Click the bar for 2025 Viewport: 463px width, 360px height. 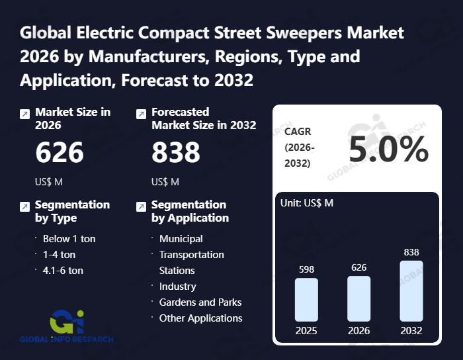pos(306,299)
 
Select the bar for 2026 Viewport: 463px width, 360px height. pos(358,298)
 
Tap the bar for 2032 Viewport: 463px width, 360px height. pos(411,291)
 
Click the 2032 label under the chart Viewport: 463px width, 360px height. pos(411,330)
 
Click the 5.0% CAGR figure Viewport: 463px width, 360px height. pos(389,151)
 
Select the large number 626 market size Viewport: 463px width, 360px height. pos(60,153)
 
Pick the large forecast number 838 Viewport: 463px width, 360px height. pos(176,153)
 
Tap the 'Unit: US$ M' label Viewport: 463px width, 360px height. pos(307,202)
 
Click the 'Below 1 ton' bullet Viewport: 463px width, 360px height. pos(69,238)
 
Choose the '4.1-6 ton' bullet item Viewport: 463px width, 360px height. pos(63,270)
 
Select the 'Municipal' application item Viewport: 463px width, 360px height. pos(181,238)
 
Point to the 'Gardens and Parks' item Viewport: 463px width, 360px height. pos(200,302)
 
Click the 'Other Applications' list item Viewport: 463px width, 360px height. pos(200,318)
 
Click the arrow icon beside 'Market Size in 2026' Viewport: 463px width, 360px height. pos(24,114)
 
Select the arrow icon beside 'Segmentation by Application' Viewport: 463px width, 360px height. pos(141,207)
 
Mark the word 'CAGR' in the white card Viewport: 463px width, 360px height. pos(298,131)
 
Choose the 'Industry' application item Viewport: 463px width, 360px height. pos(177,286)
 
